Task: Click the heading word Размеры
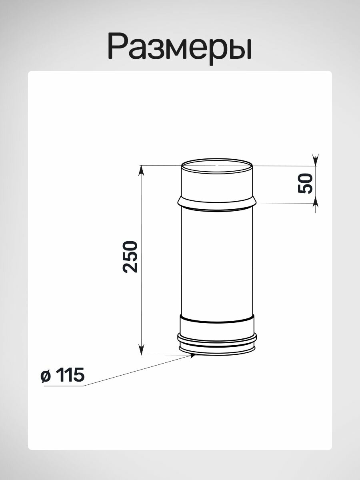(180, 48)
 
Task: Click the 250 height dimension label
(130, 256)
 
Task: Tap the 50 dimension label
(305, 183)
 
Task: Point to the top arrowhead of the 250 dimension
(142, 171)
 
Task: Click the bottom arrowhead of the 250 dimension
(142, 349)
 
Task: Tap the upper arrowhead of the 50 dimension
(315, 160)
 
